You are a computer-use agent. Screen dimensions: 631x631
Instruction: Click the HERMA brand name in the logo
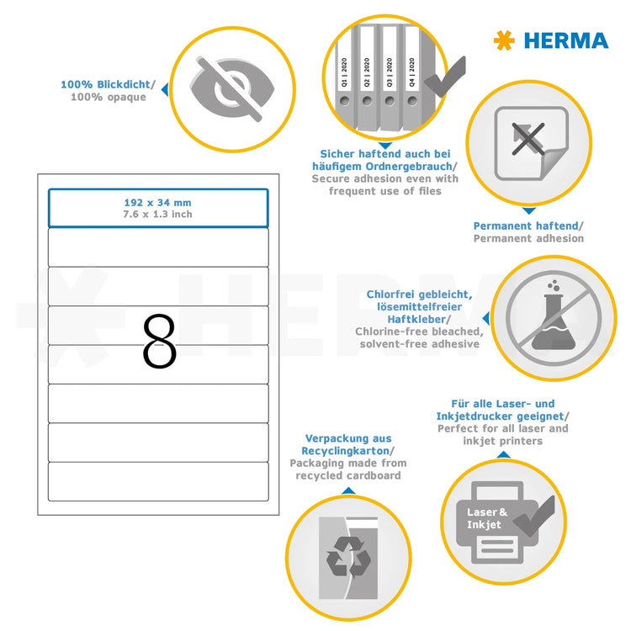(x=565, y=40)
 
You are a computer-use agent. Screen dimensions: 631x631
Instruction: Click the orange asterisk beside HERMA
(x=503, y=40)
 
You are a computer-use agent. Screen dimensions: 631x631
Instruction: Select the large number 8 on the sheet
(x=159, y=342)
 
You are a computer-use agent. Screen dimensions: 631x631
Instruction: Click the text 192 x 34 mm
(x=158, y=203)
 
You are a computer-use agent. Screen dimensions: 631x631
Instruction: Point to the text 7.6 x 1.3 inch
(x=158, y=215)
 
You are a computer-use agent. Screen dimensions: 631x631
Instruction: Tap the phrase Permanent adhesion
(x=528, y=239)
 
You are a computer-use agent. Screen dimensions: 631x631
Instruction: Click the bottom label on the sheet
(x=158, y=481)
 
